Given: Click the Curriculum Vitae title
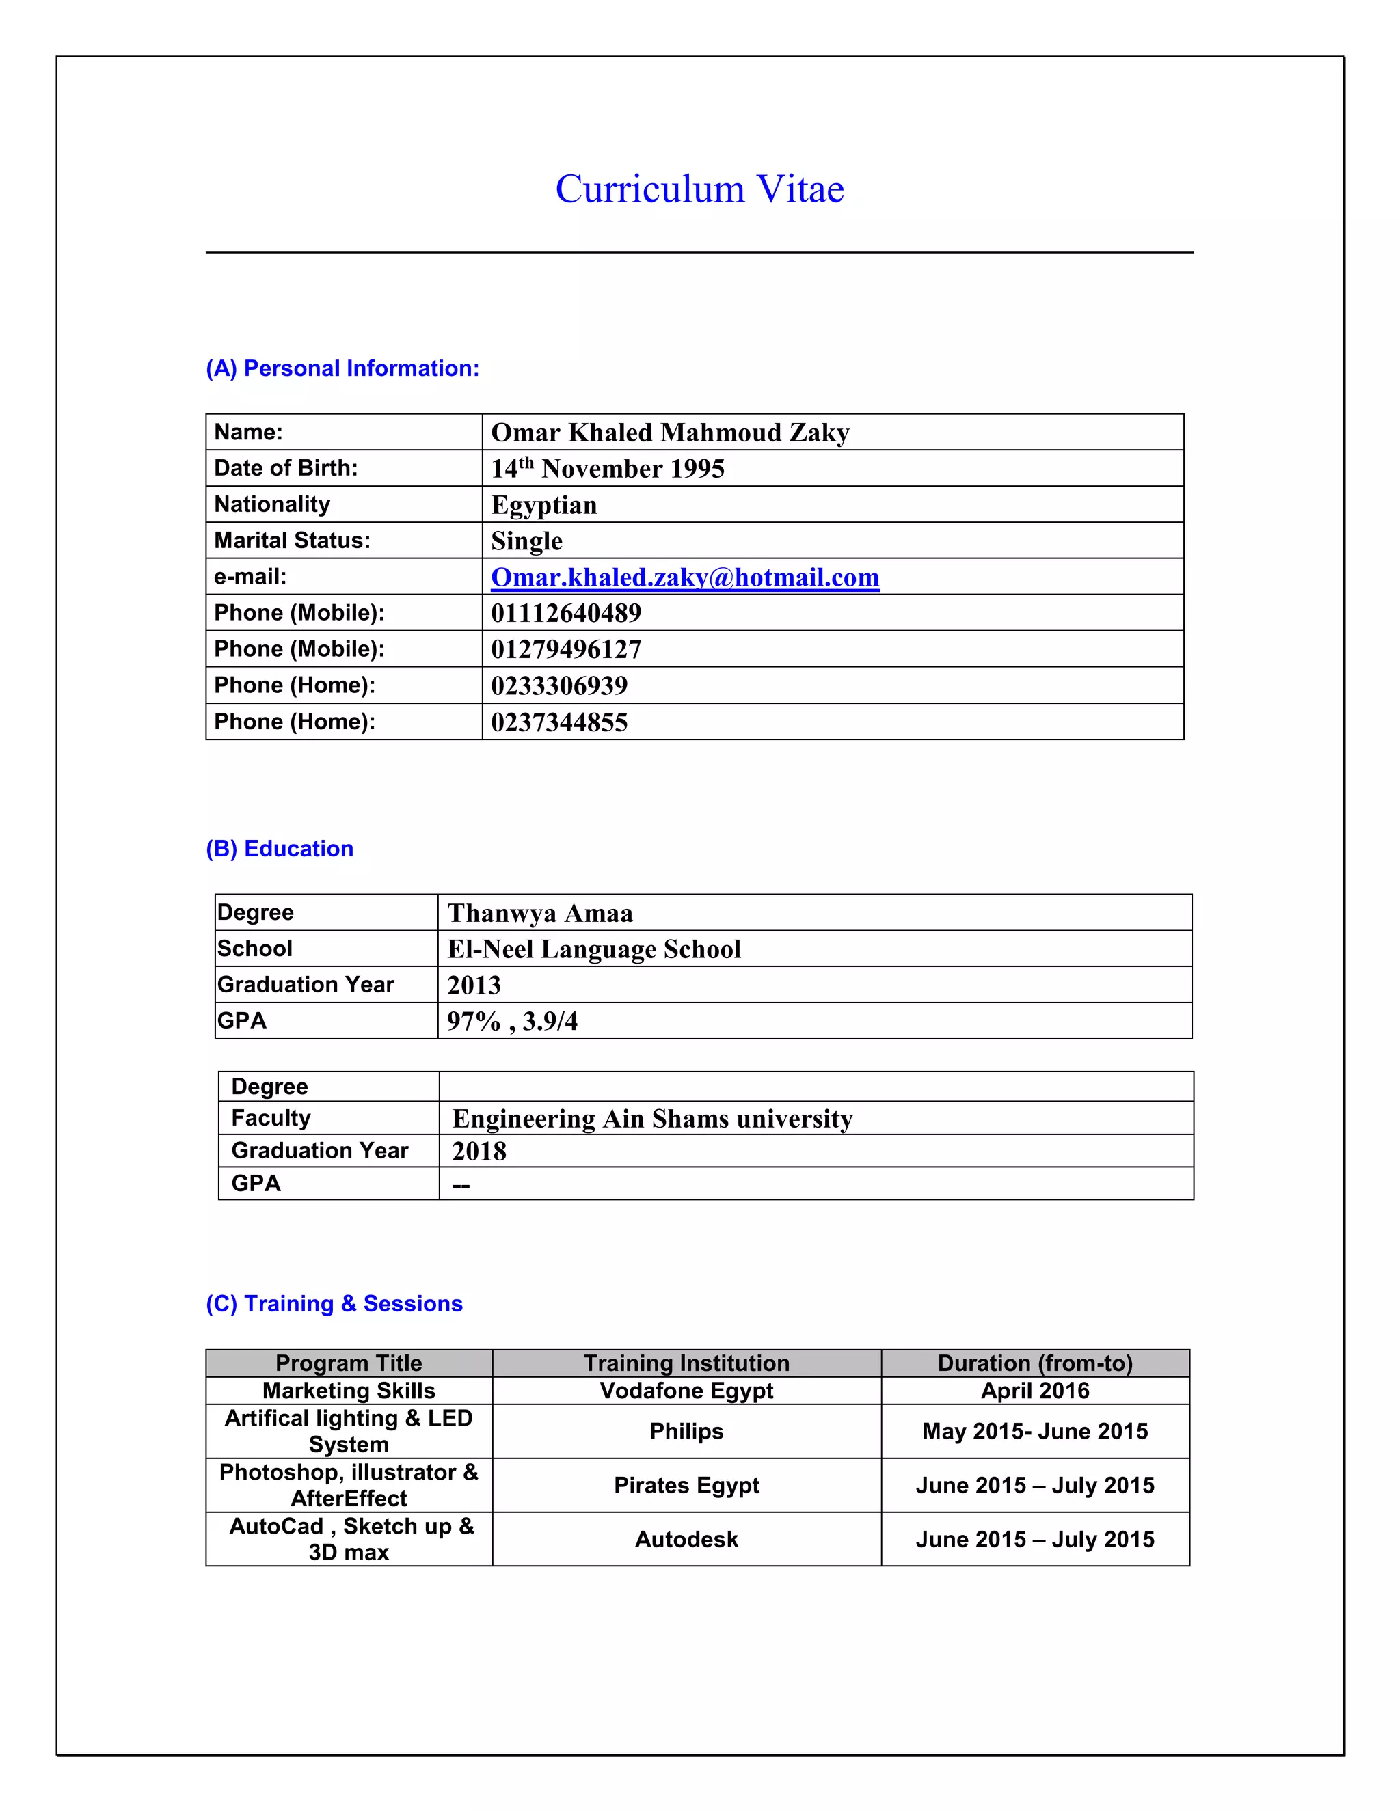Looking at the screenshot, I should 699,189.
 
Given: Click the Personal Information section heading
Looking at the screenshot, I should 342,368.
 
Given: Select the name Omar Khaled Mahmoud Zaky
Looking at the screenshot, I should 669,433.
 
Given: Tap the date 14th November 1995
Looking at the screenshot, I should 607,469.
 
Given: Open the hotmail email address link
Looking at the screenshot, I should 684,577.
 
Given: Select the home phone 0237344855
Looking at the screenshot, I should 559,722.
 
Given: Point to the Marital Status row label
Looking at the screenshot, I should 292,541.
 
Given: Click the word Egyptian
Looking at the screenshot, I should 543,505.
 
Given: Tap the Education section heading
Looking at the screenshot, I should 280,848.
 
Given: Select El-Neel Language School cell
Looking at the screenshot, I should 594,949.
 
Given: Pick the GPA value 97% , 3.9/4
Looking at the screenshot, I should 512,1021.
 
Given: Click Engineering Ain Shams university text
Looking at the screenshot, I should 652,1119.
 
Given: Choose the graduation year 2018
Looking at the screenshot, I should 479,1151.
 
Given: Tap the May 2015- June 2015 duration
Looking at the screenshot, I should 1034,1431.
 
